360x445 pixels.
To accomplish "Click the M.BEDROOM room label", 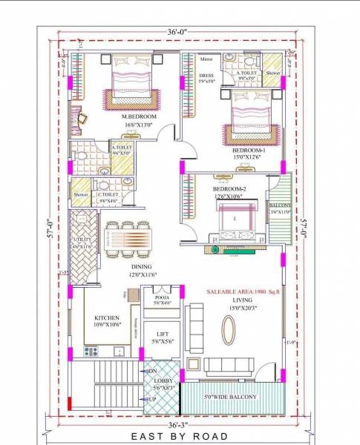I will coord(139,116).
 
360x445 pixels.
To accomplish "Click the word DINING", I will coord(142,266).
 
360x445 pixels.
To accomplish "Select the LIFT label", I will coord(163,336).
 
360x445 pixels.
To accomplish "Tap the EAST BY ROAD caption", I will coord(180,436).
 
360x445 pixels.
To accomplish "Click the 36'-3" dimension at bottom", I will coord(181,426).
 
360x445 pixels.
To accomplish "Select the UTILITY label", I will coord(82,241).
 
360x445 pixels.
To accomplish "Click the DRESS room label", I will coord(207,75).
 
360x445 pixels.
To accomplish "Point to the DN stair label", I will coord(152,370).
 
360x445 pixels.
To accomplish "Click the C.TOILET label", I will coord(108,194).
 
